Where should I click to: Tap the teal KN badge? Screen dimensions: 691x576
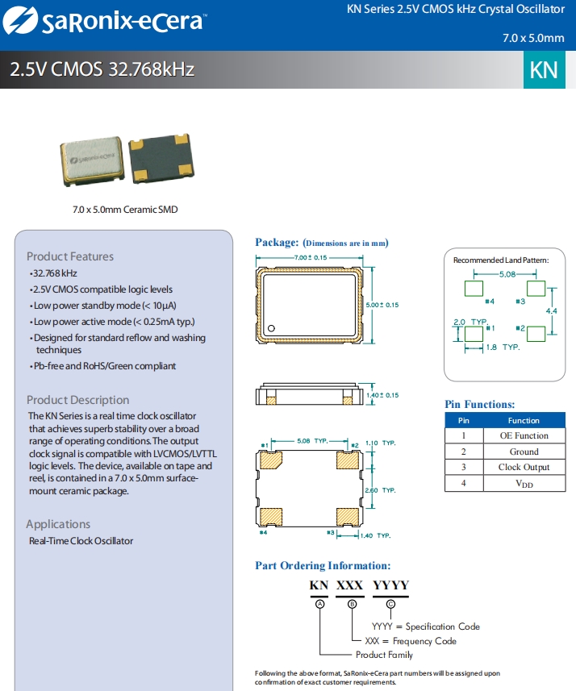pos(544,69)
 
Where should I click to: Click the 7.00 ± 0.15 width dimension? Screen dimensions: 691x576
pos(309,257)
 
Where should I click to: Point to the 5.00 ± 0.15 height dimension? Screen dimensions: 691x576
pos(382,305)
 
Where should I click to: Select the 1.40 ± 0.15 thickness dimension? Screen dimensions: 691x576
pos(382,395)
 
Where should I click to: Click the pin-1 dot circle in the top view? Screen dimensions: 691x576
pos(273,328)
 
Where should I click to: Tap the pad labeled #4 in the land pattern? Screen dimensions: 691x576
pos(472,288)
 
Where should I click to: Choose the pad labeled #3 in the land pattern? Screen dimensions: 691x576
pos(535,288)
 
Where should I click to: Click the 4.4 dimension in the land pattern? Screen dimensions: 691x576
pos(551,310)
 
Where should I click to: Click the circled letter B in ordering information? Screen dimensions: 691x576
pos(351,604)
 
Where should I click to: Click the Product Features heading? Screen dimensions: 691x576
pos(70,256)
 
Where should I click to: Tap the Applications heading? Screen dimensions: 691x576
pos(58,524)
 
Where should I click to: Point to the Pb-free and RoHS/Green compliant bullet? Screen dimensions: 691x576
pos(102,366)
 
